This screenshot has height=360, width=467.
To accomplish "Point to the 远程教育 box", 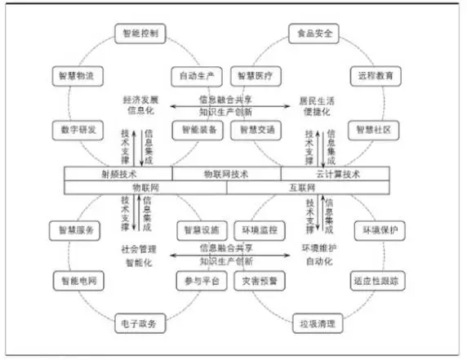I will (375, 76).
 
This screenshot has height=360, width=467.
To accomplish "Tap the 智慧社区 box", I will (373, 129).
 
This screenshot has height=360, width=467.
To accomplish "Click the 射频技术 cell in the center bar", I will (118, 173).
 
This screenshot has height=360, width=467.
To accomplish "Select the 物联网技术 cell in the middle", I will (227, 173).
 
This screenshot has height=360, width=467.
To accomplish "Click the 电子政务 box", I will (141, 323).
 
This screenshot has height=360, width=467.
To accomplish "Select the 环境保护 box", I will (378, 230).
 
